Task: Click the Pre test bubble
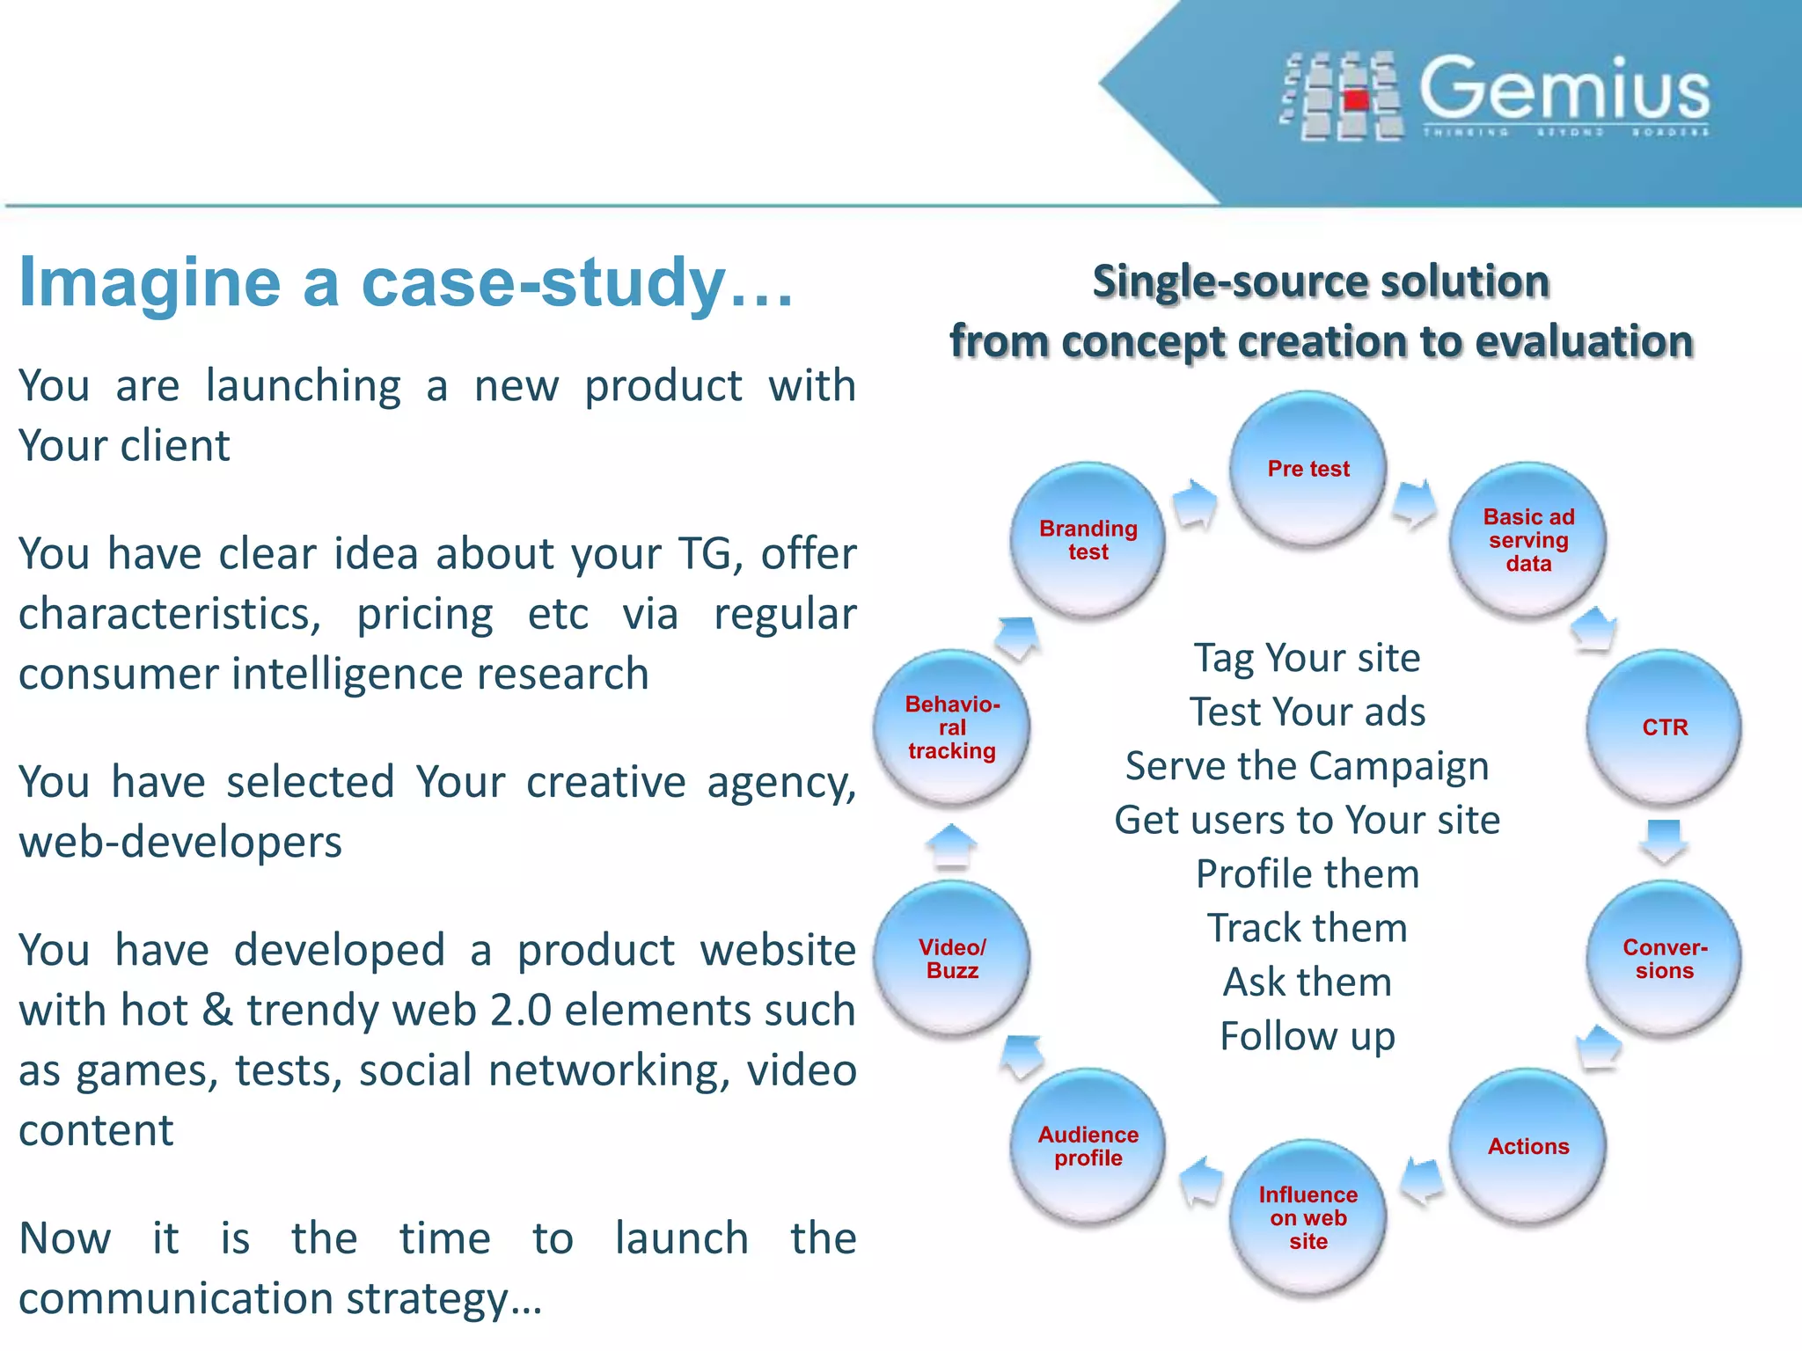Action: point(1308,469)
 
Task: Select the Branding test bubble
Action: point(1088,540)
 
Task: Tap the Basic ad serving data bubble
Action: point(1528,540)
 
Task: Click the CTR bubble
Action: point(1665,727)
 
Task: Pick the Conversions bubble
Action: point(1665,959)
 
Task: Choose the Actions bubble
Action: point(1528,1146)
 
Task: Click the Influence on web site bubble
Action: point(1308,1217)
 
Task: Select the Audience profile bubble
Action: point(1088,1146)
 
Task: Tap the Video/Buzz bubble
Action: point(952,959)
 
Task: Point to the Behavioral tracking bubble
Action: point(952,727)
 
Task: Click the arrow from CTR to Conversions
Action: point(1664,841)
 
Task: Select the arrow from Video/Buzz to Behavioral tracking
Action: point(951,845)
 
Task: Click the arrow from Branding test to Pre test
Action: point(1196,504)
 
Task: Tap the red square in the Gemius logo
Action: point(1357,99)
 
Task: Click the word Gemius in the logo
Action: point(1564,89)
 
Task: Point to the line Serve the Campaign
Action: point(1308,766)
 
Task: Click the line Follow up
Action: point(1308,1036)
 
